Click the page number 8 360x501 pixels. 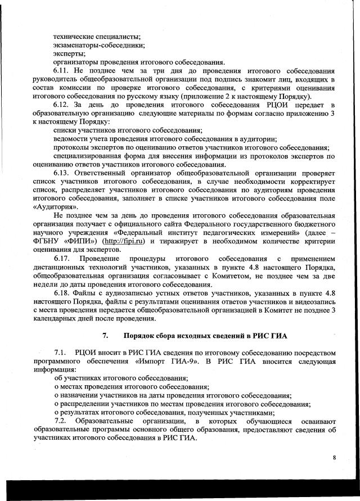pos(334,457)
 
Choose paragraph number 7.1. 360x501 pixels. pos(61,352)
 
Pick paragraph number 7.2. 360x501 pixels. pos(61,421)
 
